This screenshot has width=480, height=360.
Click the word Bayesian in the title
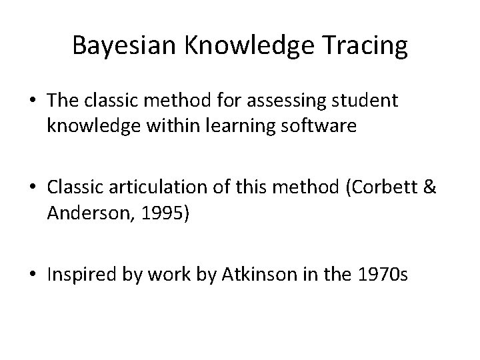pos(122,46)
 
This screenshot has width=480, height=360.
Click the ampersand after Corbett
pos(429,189)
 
